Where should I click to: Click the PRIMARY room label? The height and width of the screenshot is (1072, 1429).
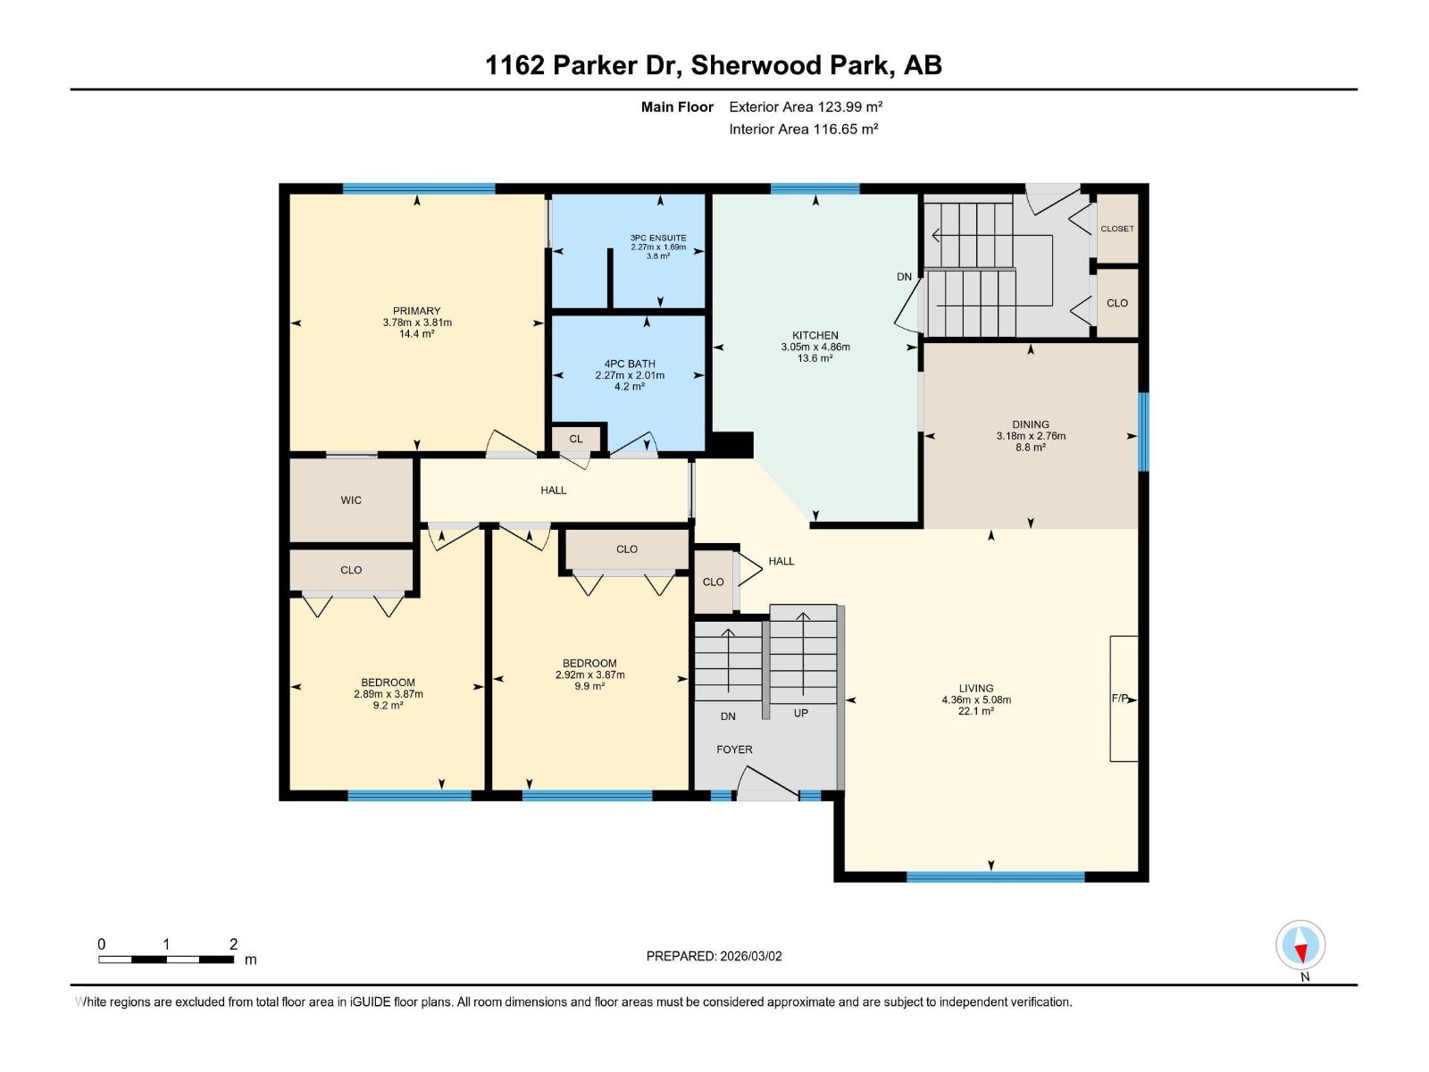pos(416,311)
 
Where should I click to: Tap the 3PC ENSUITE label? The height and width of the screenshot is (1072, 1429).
pos(658,238)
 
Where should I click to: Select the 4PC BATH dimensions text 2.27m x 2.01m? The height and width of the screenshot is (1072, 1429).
pos(630,375)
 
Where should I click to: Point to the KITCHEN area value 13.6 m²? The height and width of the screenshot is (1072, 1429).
pos(815,358)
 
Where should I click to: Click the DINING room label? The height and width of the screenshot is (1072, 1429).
pos(1031,424)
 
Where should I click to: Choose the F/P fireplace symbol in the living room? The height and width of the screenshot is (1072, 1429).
pos(1123,699)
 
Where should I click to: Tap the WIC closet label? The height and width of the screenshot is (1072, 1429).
pos(351,500)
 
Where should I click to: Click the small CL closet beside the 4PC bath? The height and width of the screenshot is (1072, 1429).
pos(576,439)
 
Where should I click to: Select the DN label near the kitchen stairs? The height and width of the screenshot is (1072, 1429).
pos(904,277)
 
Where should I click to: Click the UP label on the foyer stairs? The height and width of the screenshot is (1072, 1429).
pos(801,713)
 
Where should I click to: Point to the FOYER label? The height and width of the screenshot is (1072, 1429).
pos(734,750)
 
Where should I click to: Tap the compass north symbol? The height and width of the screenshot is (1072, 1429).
pos(1300,945)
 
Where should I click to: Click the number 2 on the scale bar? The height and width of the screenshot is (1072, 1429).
pos(233,944)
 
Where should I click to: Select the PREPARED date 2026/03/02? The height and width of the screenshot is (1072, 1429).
pos(750,956)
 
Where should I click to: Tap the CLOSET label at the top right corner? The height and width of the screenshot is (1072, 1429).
pos(1116,229)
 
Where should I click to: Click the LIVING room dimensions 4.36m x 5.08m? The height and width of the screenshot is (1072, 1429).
pos(976,699)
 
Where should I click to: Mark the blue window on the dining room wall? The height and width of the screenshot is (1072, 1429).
pos(1143,431)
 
